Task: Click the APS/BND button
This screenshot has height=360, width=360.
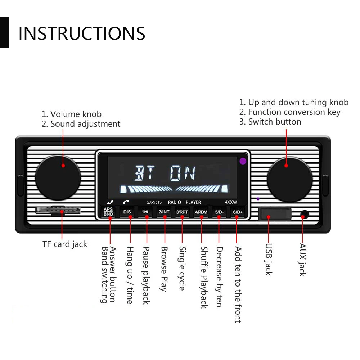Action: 108,212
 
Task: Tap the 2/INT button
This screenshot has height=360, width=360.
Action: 164,212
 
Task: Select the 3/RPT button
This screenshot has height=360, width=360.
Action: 182,212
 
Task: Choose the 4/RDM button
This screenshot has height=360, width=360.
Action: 201,212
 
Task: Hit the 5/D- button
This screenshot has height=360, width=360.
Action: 219,212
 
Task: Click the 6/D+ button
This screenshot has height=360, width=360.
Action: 238,212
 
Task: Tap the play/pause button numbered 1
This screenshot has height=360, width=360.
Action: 145,212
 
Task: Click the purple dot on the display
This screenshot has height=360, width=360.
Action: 243,161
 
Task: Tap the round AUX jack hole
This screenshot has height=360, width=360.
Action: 305,215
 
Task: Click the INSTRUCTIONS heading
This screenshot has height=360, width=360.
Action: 82,33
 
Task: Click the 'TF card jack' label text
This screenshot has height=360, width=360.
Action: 65,244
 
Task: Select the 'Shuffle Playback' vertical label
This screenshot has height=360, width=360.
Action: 204,277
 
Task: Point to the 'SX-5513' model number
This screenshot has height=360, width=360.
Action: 154,202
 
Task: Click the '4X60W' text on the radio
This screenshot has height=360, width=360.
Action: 230,202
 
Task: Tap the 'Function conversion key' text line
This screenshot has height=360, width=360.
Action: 290,112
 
